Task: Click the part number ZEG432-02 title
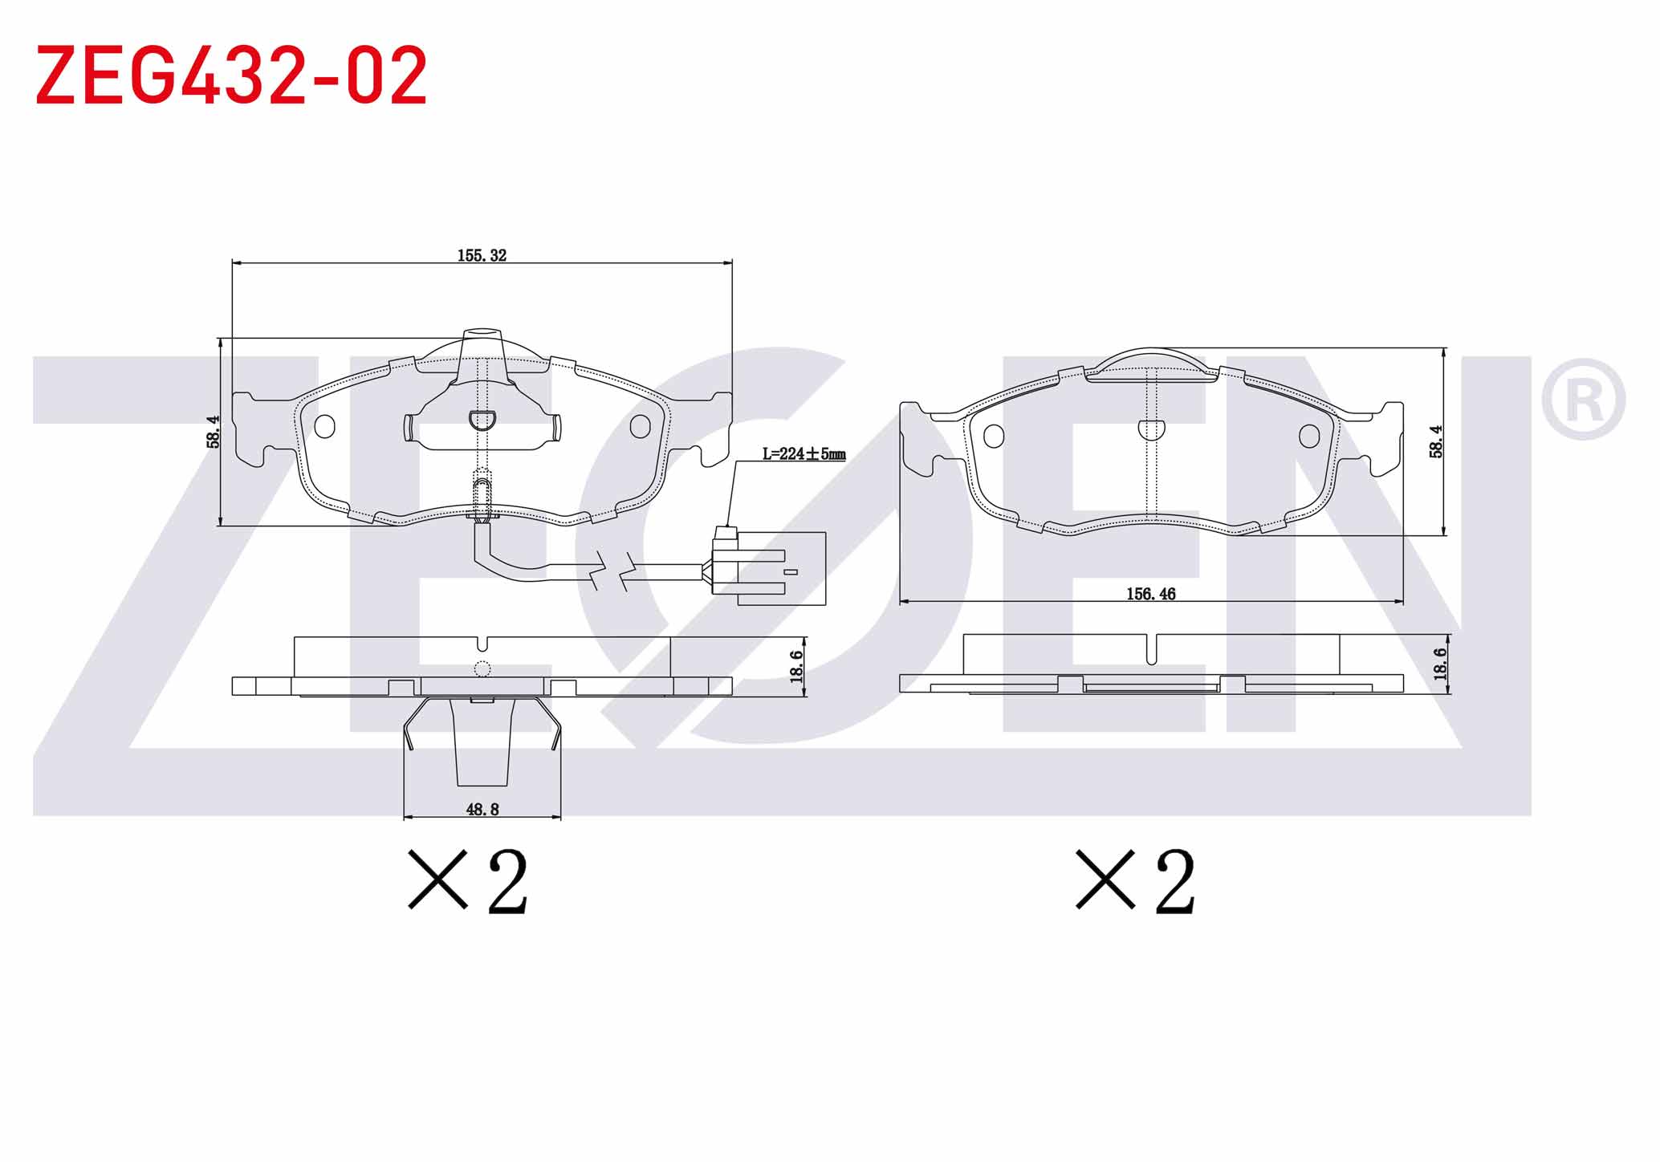(x=231, y=75)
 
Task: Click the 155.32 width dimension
(x=482, y=255)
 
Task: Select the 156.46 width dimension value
(x=1150, y=594)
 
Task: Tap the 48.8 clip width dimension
(x=482, y=809)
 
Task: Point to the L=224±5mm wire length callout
(x=804, y=454)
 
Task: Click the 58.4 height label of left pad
(x=213, y=431)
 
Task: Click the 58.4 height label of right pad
(x=1436, y=441)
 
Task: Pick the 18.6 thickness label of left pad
(x=795, y=666)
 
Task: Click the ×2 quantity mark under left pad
(x=468, y=880)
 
